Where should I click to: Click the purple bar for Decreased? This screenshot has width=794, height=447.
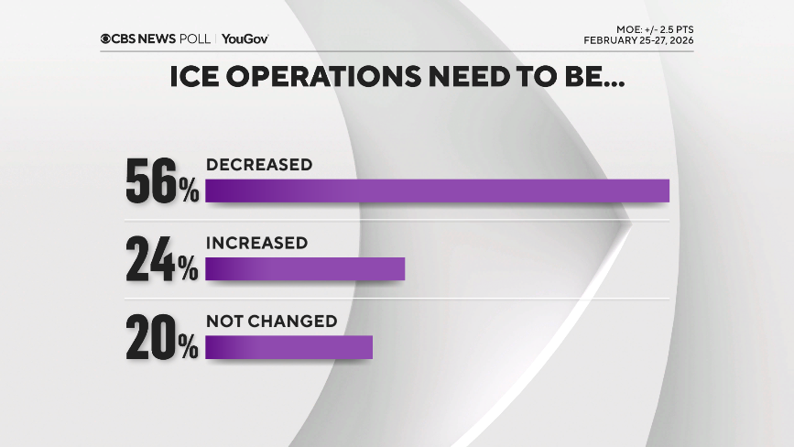point(437,191)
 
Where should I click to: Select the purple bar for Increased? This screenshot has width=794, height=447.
point(304,268)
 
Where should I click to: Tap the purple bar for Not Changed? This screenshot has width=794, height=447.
point(288,347)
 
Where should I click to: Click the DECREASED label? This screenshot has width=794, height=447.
point(259,165)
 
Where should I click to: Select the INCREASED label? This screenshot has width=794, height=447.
point(256,243)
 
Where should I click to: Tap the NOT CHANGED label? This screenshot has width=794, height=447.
point(272,322)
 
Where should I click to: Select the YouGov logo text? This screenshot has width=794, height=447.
point(245,38)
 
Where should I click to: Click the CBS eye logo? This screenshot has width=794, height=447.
point(106,38)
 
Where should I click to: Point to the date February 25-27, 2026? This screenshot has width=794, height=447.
point(637,41)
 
